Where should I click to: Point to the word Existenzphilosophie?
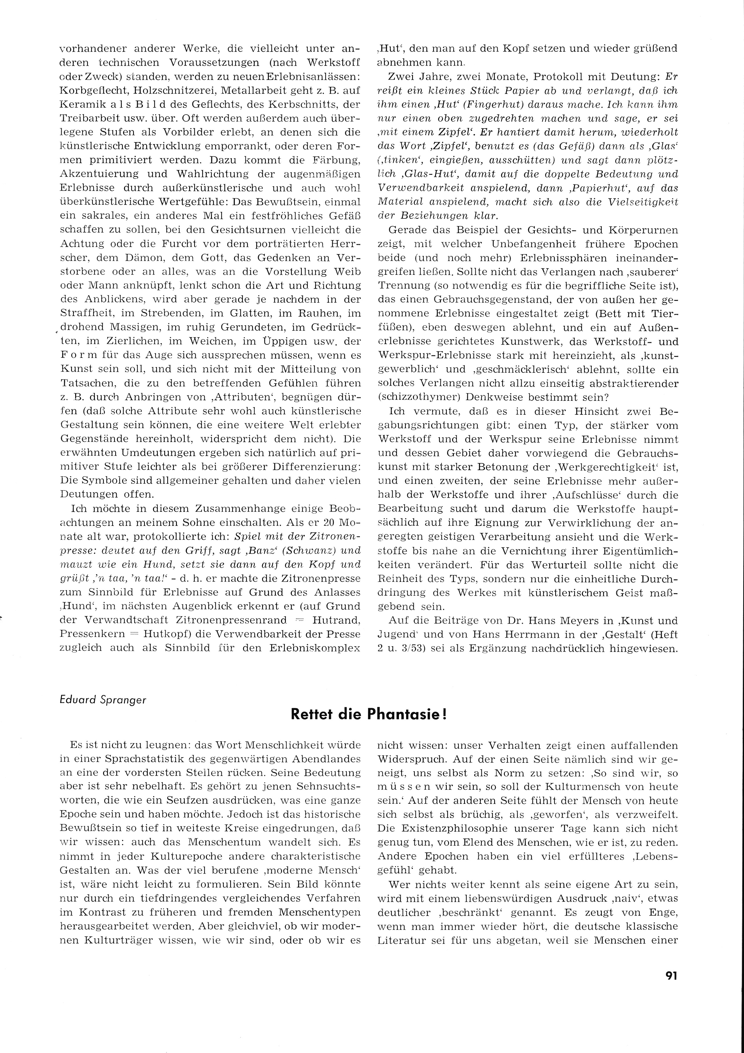tap(439, 828)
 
